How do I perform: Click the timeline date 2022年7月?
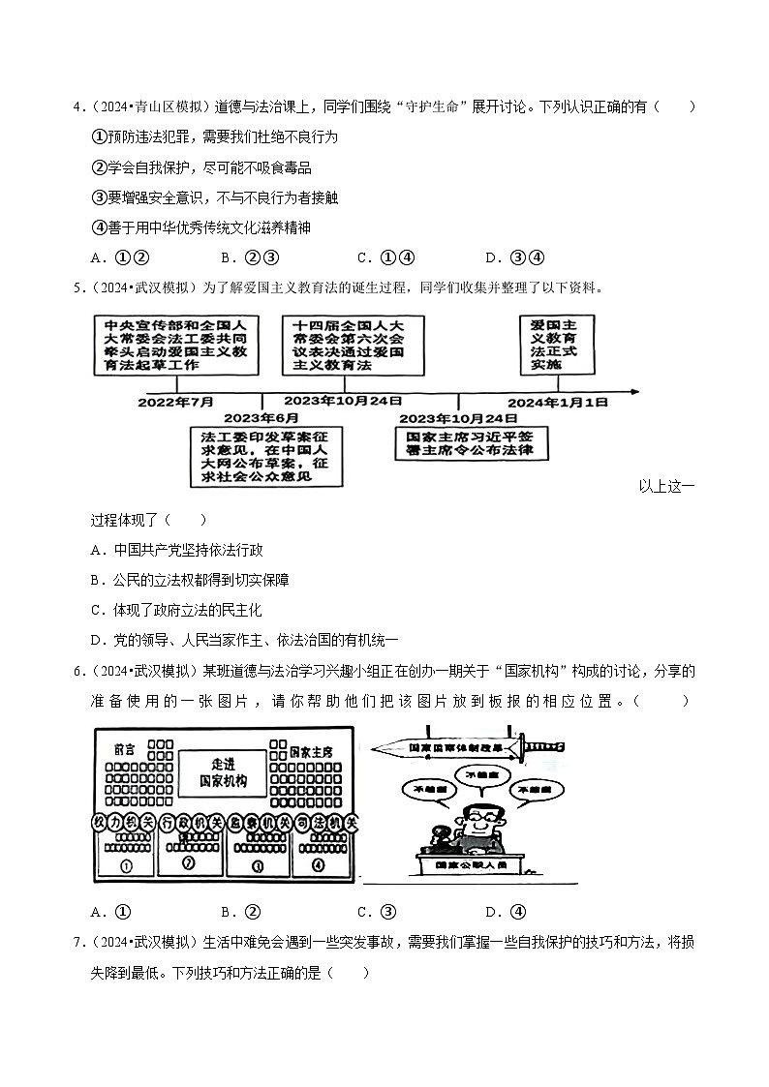tap(176, 401)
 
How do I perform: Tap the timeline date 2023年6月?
tap(261, 417)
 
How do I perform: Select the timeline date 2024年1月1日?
tap(559, 401)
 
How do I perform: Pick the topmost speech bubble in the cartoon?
tap(481, 775)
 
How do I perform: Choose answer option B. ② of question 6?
tap(242, 911)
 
